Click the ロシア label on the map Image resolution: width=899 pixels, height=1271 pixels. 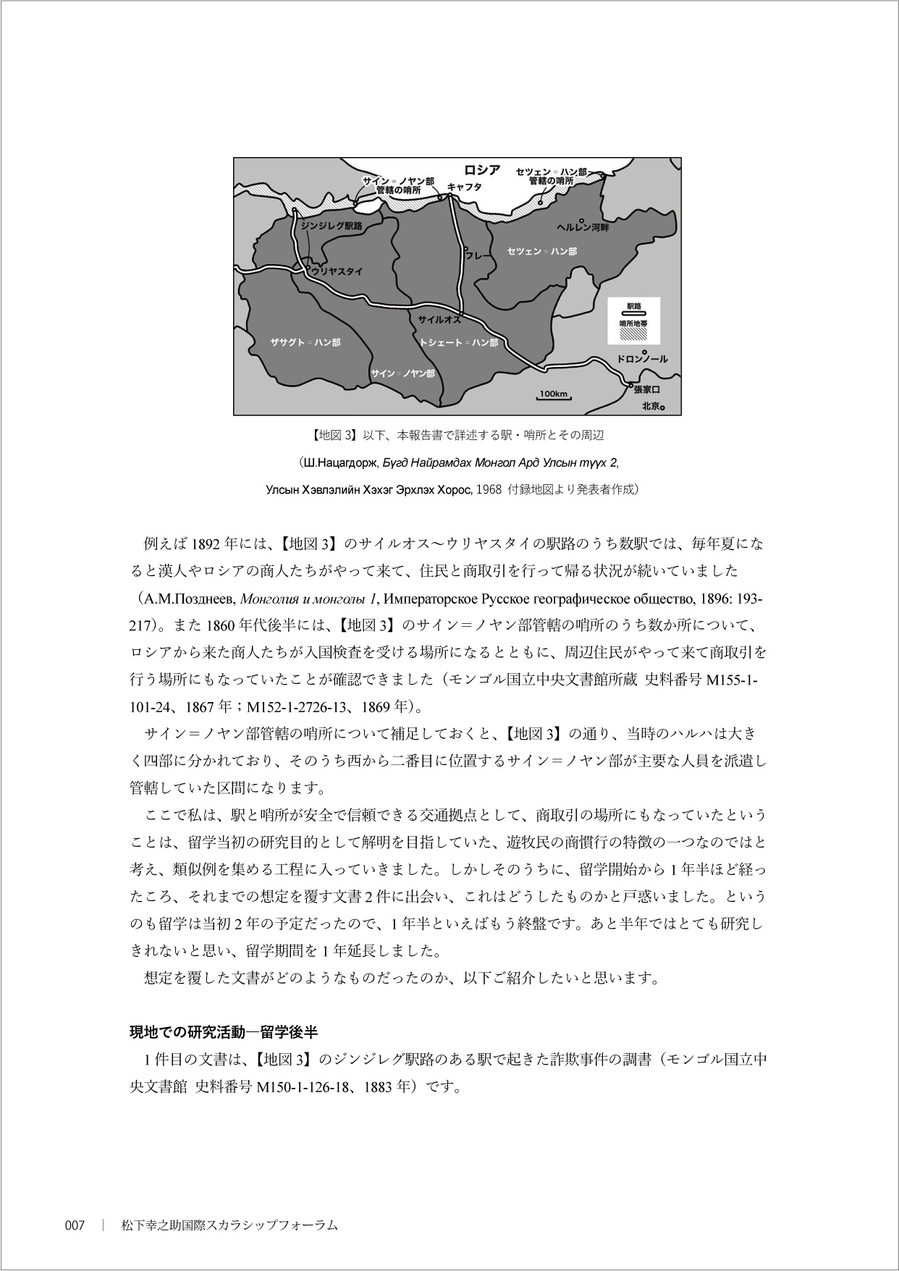pos(482,170)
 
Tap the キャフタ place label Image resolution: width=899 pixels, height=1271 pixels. pos(465,186)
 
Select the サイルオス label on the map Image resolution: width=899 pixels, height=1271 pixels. pos(439,319)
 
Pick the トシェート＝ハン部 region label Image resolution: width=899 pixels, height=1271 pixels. pos(459,342)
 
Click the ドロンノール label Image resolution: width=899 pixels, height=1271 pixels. pos(642,359)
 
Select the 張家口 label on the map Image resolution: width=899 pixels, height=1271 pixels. pos(646,389)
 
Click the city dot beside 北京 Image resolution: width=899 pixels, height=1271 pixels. pos(662,408)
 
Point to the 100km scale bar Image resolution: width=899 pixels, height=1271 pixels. pos(554,396)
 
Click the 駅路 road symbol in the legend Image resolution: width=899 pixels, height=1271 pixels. pos(633,313)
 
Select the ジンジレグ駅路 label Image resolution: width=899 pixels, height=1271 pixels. pos(332,226)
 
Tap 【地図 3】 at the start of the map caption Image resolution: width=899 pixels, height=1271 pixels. pos(329,436)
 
